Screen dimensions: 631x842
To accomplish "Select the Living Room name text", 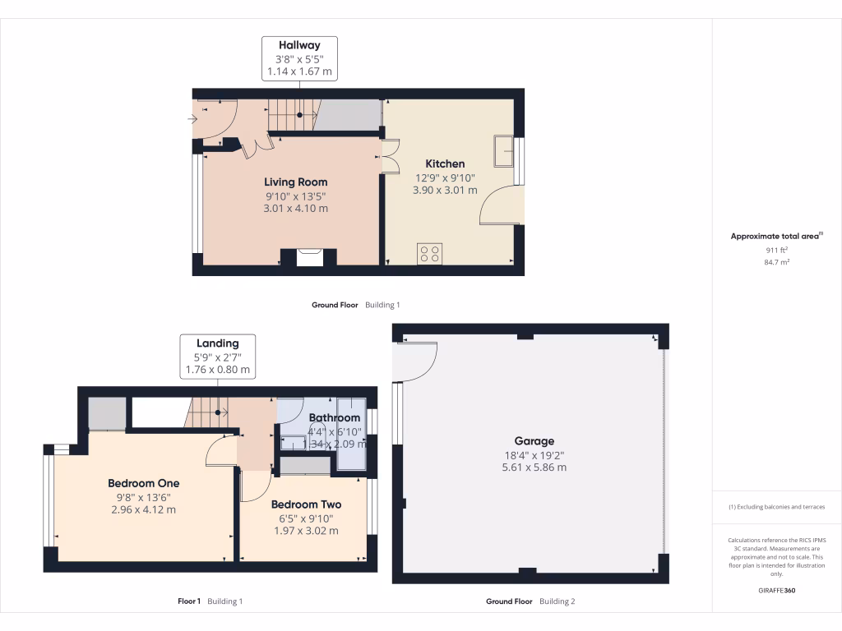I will point(295,182).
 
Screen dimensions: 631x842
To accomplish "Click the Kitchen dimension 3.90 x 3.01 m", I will point(444,191).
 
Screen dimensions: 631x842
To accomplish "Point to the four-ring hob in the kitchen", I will point(428,252).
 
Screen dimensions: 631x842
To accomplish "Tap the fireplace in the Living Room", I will point(309,257).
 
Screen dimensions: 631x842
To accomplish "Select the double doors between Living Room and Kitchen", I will point(386,155).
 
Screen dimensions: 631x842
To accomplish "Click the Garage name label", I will point(534,441).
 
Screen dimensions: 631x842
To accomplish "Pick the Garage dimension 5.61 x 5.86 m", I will point(534,467).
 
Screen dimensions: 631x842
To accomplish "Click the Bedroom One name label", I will point(144,483).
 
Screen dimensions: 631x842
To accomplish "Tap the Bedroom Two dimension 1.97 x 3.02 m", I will point(306,531).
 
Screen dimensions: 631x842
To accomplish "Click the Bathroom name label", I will point(334,418).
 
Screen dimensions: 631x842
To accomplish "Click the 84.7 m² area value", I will point(776,262).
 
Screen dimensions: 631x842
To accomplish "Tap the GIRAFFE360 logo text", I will point(776,591).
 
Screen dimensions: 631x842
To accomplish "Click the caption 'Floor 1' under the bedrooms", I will point(189,601).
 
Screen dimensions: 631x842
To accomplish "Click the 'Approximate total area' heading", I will point(775,236).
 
